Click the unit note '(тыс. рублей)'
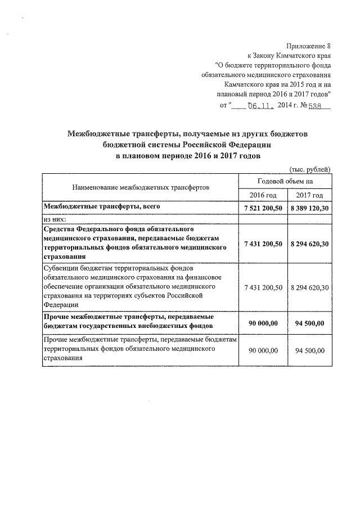coord(310,169)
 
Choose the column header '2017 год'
coord(309,195)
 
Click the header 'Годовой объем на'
coord(285,181)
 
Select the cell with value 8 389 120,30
coord(309,208)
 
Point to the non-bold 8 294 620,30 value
coord(309,287)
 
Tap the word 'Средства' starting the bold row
coord(59,229)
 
